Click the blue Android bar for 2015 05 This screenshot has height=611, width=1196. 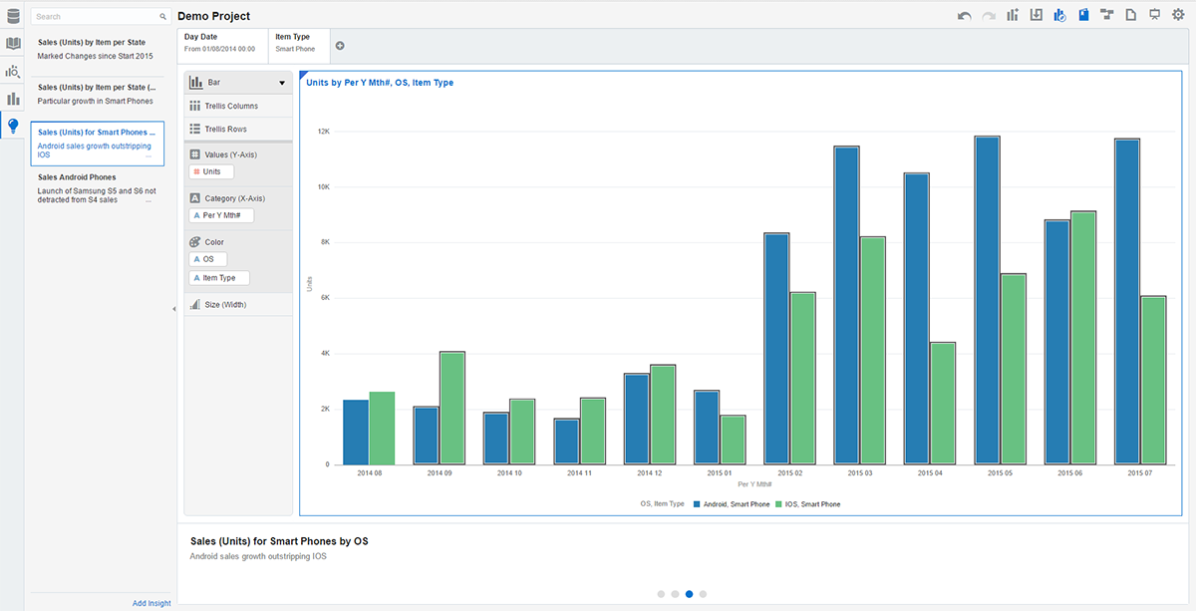point(987,300)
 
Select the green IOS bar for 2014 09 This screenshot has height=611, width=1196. point(452,408)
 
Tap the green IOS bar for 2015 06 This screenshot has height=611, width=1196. point(1083,338)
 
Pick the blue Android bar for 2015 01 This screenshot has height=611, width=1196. point(707,428)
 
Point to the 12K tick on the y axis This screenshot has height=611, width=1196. point(324,132)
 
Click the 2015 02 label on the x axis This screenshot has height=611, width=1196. point(789,473)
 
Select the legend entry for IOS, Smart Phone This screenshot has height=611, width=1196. point(808,504)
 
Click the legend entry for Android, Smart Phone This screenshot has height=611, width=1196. point(732,504)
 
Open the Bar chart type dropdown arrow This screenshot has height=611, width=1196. point(282,83)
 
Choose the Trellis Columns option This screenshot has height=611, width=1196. point(231,106)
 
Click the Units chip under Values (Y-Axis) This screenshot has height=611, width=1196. point(211,171)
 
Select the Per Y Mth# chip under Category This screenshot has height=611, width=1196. point(221,215)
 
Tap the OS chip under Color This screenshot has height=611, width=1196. point(207,259)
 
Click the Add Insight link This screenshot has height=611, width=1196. point(151,603)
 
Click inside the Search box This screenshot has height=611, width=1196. point(96,17)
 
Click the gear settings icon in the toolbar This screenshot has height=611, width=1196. point(1178,15)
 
